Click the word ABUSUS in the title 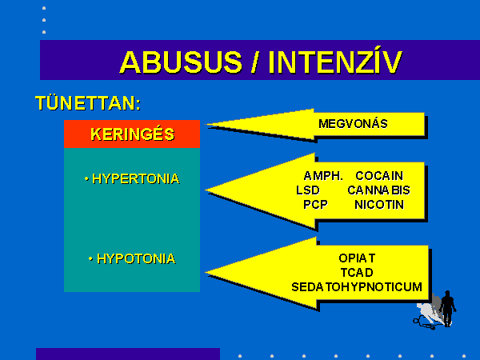(181, 62)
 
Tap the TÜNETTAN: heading (88, 102)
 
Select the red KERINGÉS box (132, 134)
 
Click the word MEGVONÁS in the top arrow (353, 124)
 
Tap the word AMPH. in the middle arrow (323, 176)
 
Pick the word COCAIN (379, 176)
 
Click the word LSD (308, 190)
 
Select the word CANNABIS (378, 190)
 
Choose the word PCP (315, 205)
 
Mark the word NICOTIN (379, 205)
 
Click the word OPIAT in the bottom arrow (357, 258)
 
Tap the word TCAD (357, 273)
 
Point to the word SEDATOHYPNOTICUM (357, 287)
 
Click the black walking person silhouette (447, 308)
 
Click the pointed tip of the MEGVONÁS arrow (206, 124)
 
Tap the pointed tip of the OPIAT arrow (206, 272)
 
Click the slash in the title (254, 62)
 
